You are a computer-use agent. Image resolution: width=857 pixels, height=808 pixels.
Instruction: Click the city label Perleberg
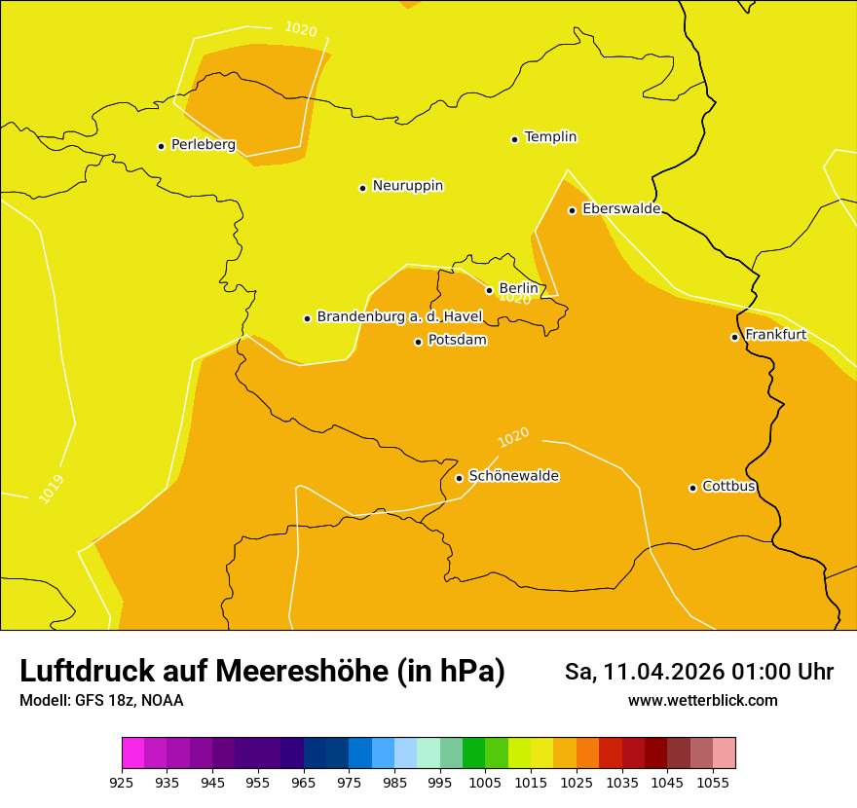point(203,145)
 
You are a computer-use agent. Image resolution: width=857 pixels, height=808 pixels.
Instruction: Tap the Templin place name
point(550,137)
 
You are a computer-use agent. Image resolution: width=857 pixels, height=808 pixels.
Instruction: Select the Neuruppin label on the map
point(407,186)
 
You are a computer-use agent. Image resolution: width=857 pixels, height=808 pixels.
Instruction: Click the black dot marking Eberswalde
point(573,210)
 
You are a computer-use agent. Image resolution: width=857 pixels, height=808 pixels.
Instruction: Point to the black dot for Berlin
point(490,290)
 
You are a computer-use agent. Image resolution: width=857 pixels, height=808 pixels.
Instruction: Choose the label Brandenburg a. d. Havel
point(399,317)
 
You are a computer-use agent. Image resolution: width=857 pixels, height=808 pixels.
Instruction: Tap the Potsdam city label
point(457,341)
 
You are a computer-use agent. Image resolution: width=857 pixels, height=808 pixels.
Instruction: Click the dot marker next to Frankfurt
point(735,337)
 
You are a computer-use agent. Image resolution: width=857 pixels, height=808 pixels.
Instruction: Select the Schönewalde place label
point(513,476)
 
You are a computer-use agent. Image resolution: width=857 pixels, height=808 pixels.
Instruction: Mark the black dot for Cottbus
point(693,488)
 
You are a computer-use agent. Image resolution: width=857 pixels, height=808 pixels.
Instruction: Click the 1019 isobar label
point(52,489)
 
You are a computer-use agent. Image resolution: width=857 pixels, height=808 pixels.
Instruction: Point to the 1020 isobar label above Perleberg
point(301,29)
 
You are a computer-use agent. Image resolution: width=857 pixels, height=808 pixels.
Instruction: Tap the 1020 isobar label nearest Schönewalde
point(513,438)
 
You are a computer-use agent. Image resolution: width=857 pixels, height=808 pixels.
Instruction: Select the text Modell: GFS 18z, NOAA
point(101,701)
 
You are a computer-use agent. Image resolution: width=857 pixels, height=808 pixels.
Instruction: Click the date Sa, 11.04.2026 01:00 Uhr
point(698,672)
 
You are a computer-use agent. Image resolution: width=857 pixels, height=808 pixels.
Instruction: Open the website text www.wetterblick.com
point(702,701)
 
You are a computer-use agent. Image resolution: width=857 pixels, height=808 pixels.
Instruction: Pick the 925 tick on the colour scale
point(122,782)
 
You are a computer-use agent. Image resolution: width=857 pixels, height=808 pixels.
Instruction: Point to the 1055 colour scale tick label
point(713,782)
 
